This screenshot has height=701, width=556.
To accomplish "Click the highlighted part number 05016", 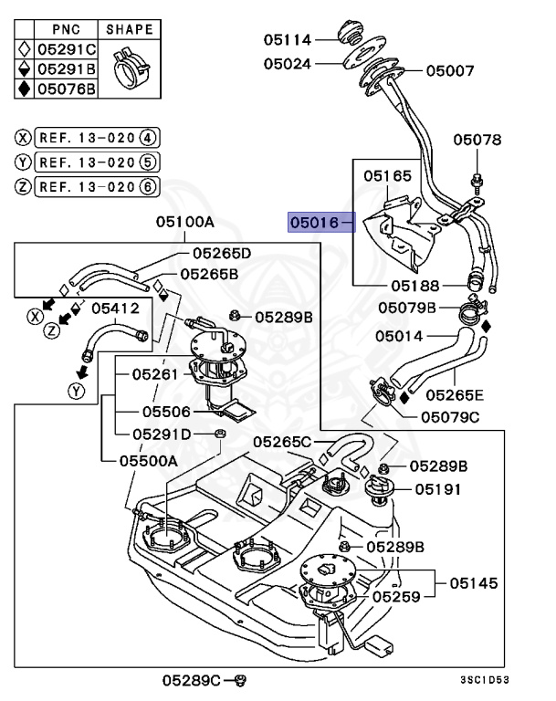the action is pos(314,222).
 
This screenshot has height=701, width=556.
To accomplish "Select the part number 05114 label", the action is pos(288,40).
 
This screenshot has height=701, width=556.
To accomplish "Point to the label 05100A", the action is pos(185,222).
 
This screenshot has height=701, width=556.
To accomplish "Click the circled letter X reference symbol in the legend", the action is pos(23,138).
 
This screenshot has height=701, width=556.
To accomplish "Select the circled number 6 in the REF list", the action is pos(149,186).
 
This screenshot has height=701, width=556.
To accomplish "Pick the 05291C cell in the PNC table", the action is pos(67,49).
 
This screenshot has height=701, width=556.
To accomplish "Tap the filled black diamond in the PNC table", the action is pos(24,89).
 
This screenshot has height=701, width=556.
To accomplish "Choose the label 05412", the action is pos(116,308).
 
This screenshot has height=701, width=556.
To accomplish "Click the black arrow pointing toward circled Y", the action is pos(82,372).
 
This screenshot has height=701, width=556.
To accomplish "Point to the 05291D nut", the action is pos(220,434).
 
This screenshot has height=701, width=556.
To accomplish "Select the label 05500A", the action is pos(149,461).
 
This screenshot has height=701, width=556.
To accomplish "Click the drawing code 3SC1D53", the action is pos(485,680).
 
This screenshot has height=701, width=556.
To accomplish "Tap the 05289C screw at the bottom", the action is pos(241,680).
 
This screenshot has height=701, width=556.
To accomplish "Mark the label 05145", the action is pos(474,583).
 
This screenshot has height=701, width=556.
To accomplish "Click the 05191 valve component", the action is pos(379,489).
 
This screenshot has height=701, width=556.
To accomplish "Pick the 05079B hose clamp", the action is pos(472,310).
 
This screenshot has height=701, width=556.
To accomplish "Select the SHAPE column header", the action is pos(130,29).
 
